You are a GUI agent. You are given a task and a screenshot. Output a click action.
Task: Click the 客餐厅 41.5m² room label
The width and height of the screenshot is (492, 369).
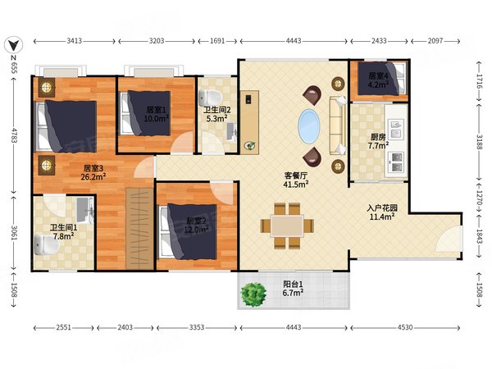click(296, 180)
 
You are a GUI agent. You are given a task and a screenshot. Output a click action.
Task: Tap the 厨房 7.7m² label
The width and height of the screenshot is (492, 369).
click(378, 142)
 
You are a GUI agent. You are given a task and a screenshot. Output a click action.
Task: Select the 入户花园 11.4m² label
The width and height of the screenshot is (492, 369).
click(381, 212)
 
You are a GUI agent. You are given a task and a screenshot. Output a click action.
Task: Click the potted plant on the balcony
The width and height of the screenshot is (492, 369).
click(254, 294)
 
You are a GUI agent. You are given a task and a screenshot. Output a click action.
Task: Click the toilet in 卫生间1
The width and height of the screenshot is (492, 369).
click(44, 244)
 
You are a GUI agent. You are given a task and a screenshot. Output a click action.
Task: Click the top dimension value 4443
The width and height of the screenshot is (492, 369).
click(294, 39)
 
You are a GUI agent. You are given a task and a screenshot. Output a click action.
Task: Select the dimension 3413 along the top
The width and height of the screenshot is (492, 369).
click(74, 39)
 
